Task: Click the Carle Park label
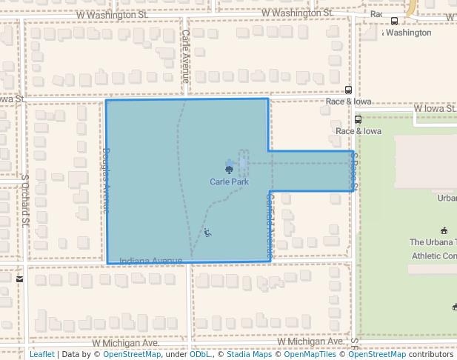click(x=228, y=181)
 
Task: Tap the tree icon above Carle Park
click(x=229, y=170)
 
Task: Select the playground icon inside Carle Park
click(x=207, y=233)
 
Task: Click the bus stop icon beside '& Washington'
click(x=394, y=21)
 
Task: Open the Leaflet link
click(x=41, y=354)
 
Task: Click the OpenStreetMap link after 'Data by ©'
click(x=132, y=354)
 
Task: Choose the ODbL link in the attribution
click(x=200, y=354)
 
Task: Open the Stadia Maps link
click(x=248, y=354)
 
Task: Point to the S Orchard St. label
click(x=24, y=200)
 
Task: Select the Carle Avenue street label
click(x=185, y=56)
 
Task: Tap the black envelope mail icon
click(x=19, y=279)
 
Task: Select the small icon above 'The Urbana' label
click(x=444, y=230)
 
